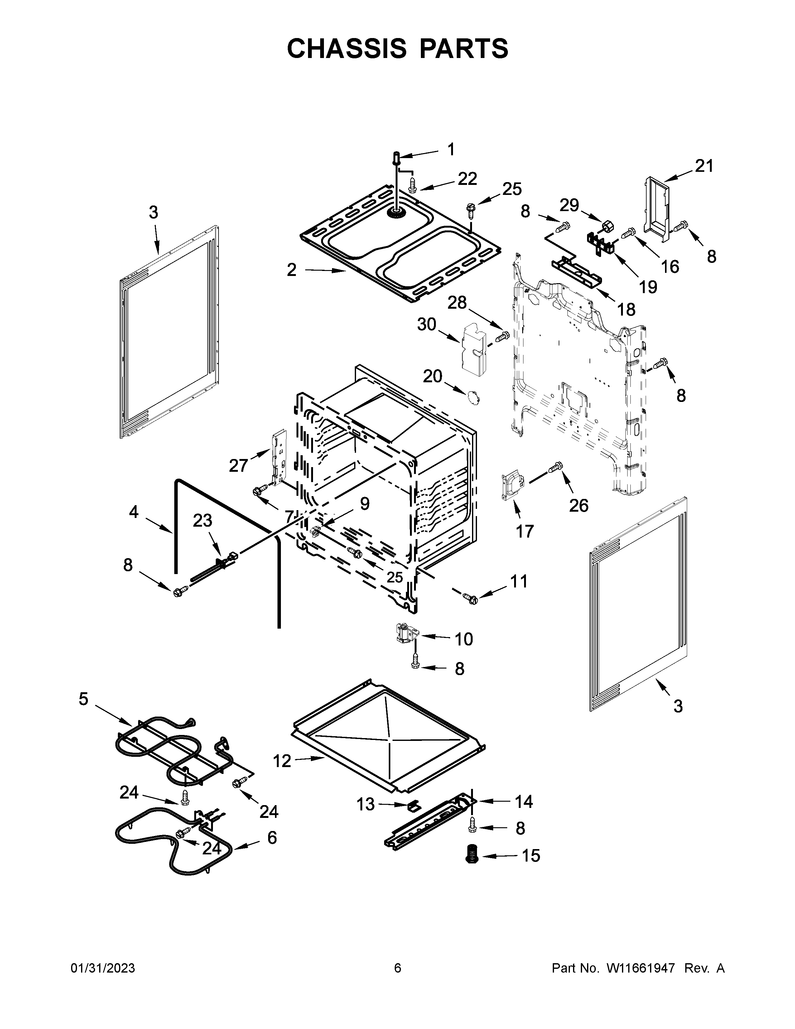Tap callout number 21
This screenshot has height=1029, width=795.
(x=704, y=166)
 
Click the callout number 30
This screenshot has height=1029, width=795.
(x=427, y=324)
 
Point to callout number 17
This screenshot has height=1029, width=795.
(x=525, y=531)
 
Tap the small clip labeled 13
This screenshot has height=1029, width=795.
(x=413, y=806)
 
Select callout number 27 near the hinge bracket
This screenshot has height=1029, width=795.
(x=238, y=466)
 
